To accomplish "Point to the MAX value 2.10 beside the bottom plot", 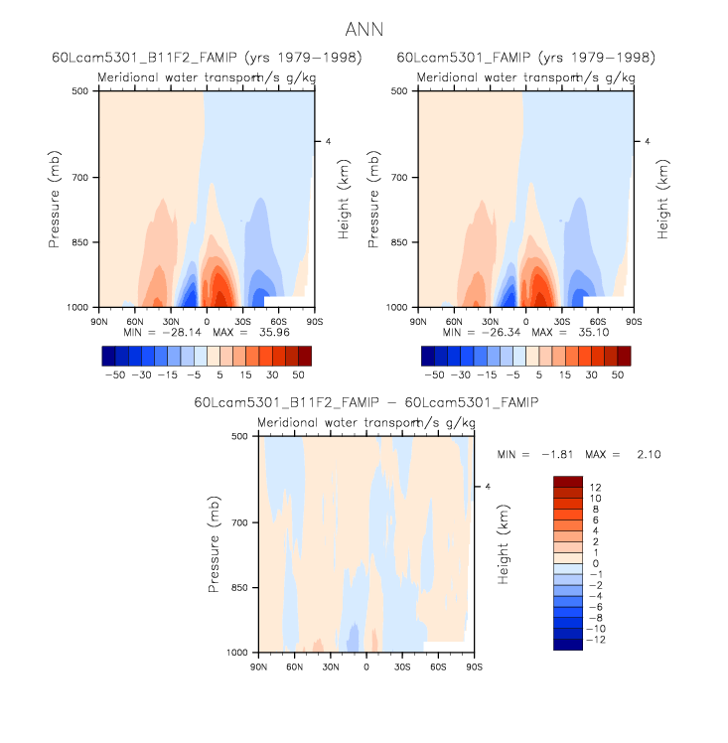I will (644, 454).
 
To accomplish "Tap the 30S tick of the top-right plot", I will (562, 322).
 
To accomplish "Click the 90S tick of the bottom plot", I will (475, 667).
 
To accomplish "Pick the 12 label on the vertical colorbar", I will (593, 487).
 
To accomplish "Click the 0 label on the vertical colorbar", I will (593, 563).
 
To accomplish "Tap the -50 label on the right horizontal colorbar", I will (434, 376).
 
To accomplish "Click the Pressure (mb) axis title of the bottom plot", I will (214, 544).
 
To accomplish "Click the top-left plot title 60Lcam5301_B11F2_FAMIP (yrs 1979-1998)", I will (207, 58).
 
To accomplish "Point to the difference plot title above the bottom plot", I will (366, 402).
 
